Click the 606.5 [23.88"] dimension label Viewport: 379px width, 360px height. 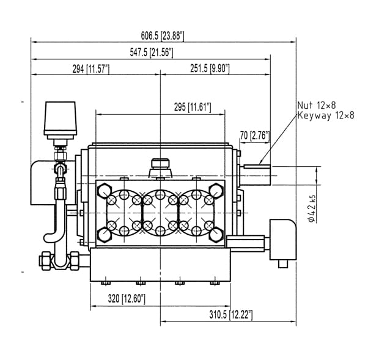[163, 36]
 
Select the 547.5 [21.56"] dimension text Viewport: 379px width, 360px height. [152, 53]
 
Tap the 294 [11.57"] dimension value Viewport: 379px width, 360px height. [91, 69]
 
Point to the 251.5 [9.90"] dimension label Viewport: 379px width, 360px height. [210, 68]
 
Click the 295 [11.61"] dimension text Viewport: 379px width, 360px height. [193, 107]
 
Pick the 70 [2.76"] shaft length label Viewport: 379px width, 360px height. [255, 136]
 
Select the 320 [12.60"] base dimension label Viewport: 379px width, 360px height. [127, 299]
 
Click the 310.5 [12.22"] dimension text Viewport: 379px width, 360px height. [231, 315]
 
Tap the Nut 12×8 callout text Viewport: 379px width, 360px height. [317, 105]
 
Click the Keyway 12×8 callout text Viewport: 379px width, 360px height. [326, 116]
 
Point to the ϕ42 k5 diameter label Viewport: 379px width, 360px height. [312, 208]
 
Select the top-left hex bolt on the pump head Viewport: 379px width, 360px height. [105, 190]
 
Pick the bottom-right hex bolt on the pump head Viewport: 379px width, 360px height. [216, 235]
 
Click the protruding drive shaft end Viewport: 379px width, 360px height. [256, 175]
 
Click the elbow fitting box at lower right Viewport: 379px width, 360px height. [283, 239]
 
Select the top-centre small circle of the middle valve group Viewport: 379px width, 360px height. [160, 194]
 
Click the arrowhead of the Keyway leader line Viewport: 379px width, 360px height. [260, 163]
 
